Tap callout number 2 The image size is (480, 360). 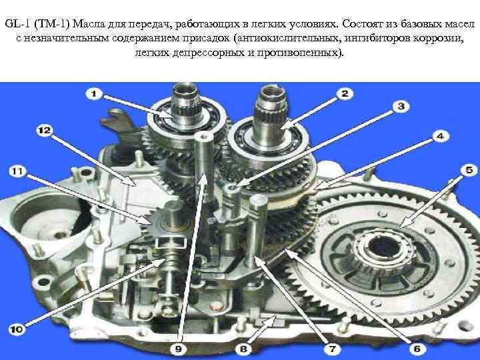click(x=345, y=94)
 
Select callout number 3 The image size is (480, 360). click(x=401, y=106)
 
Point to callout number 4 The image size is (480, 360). click(x=441, y=136)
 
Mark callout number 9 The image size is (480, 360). click(x=177, y=347)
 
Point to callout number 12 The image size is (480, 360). click(x=44, y=129)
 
